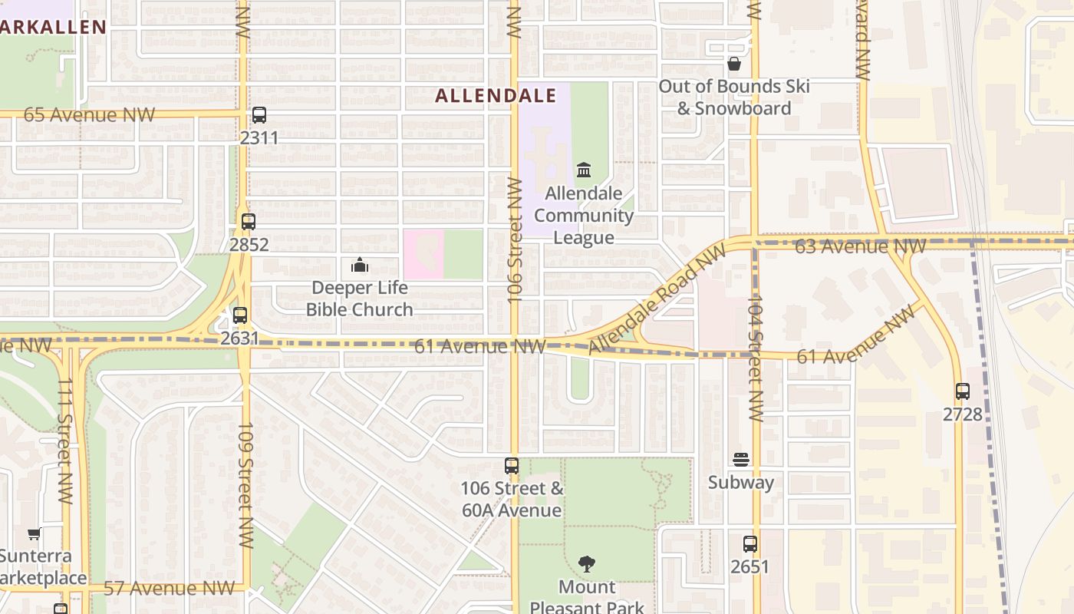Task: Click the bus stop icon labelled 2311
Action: (259, 115)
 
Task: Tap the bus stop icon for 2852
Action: (248, 222)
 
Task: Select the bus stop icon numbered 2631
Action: (240, 315)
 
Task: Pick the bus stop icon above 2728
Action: (963, 391)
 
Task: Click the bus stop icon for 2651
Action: (750, 544)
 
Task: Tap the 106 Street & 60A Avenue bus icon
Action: (512, 465)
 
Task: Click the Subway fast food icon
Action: (741, 460)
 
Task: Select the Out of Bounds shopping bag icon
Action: (734, 64)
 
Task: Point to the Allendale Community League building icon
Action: (584, 170)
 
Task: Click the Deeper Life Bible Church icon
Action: (360, 266)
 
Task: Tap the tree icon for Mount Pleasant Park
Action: (587, 564)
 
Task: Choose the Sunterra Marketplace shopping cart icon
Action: (34, 533)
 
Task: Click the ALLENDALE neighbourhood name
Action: (496, 96)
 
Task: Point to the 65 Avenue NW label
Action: (89, 115)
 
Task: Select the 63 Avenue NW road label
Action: (860, 246)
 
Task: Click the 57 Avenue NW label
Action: (169, 589)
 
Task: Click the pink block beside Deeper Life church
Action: (423, 254)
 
